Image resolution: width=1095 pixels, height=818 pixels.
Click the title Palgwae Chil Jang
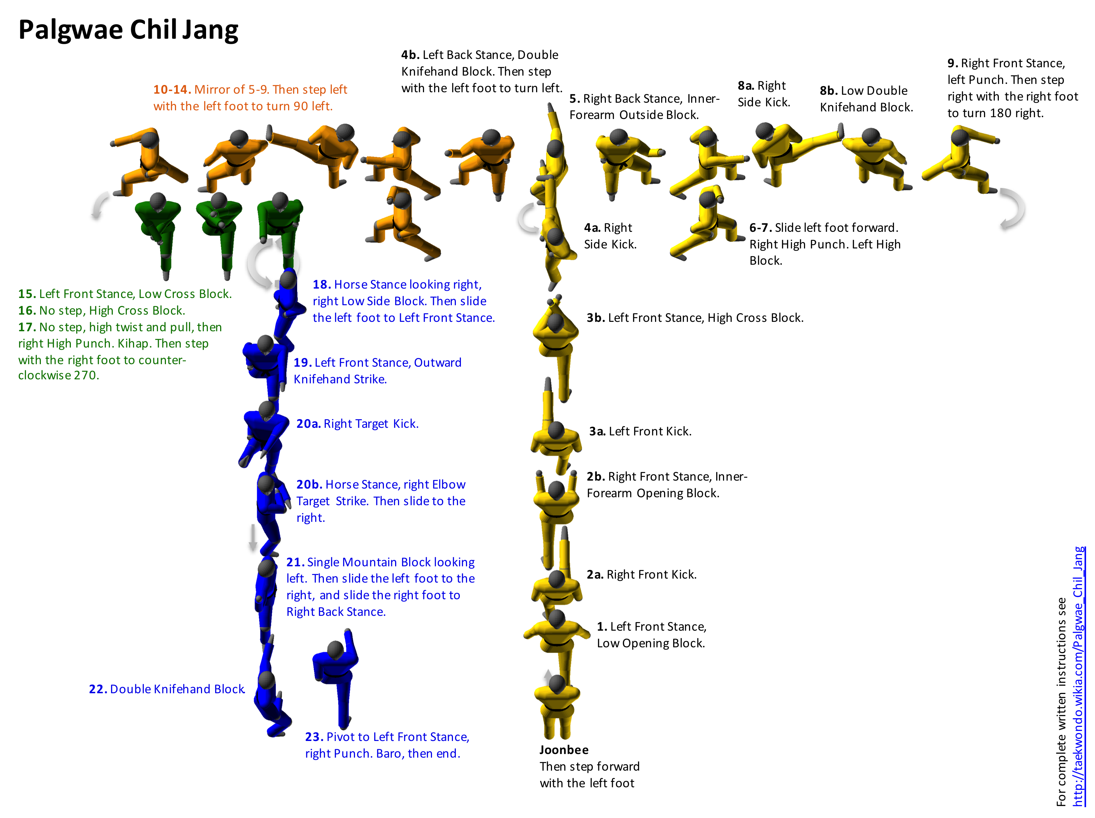(128, 30)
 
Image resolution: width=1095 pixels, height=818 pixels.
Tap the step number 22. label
(98, 689)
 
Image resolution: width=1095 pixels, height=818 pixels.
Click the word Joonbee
(564, 750)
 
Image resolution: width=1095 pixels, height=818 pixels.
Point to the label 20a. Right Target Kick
(357, 424)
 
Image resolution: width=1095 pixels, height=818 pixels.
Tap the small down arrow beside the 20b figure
(253, 537)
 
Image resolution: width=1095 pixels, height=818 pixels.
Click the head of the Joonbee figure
(557, 684)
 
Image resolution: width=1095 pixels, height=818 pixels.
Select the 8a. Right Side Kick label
(763, 94)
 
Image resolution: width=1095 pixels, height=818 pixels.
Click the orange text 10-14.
(172, 90)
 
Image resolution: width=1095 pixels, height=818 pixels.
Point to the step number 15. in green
(27, 294)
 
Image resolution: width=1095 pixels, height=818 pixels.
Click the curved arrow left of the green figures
(100, 205)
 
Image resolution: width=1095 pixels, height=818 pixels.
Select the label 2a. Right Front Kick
(641, 574)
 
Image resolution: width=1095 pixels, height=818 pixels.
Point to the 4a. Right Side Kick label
(610, 236)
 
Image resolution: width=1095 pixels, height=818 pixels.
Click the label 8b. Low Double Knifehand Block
(866, 99)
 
